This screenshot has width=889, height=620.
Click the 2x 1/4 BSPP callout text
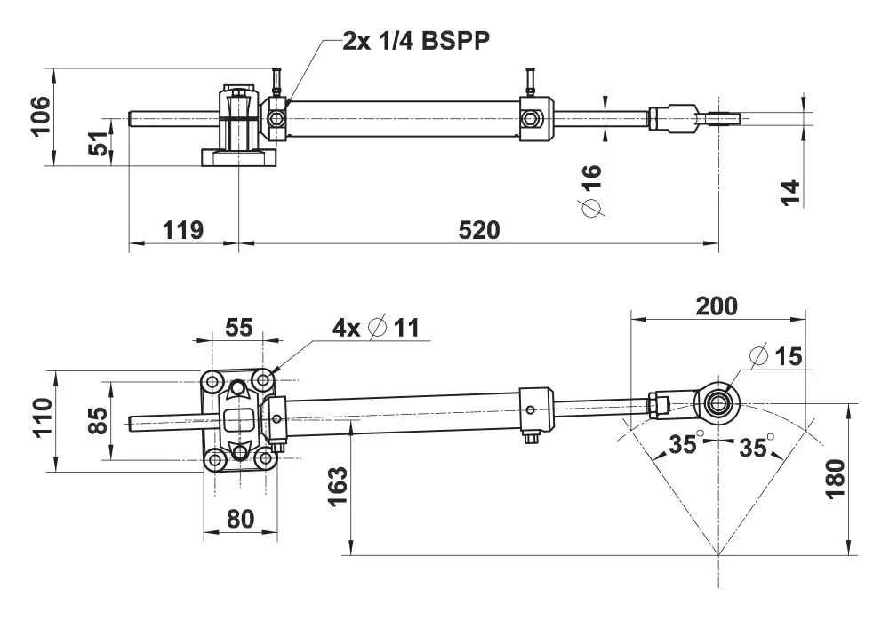tap(416, 42)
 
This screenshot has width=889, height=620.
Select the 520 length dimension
tap(479, 231)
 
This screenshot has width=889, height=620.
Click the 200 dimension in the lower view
tap(717, 306)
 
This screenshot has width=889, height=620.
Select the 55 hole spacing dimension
tap(238, 327)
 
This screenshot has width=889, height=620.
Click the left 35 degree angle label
tap(682, 445)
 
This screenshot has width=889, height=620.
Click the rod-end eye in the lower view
tap(717, 401)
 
